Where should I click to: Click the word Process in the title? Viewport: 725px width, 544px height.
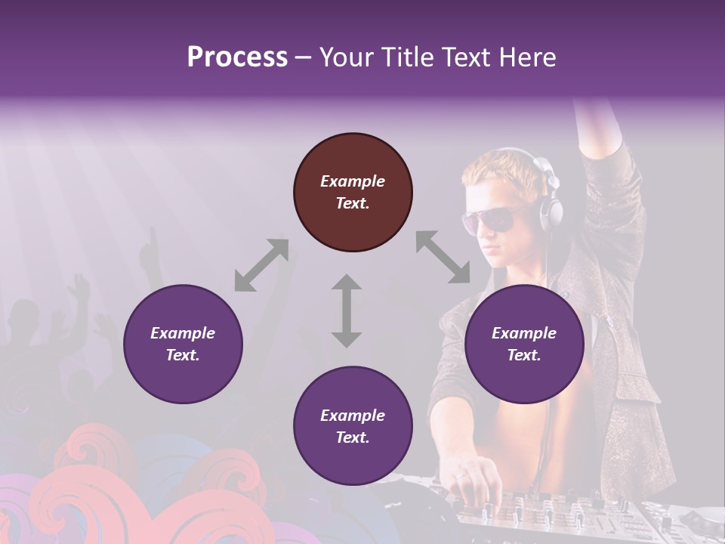pyautogui.click(x=237, y=57)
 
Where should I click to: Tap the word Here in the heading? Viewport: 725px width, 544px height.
pyautogui.click(x=527, y=57)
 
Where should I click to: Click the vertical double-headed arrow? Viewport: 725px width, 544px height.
pyautogui.click(x=347, y=311)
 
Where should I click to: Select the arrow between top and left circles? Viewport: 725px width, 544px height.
pyautogui.click(x=261, y=265)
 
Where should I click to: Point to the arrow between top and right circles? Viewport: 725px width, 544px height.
pyautogui.click(x=443, y=257)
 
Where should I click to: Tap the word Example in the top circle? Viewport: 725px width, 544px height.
pyautogui.click(x=353, y=181)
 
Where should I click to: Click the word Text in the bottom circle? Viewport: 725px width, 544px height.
pyautogui.click(x=351, y=437)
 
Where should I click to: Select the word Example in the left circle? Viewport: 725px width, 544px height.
pyautogui.click(x=183, y=333)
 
